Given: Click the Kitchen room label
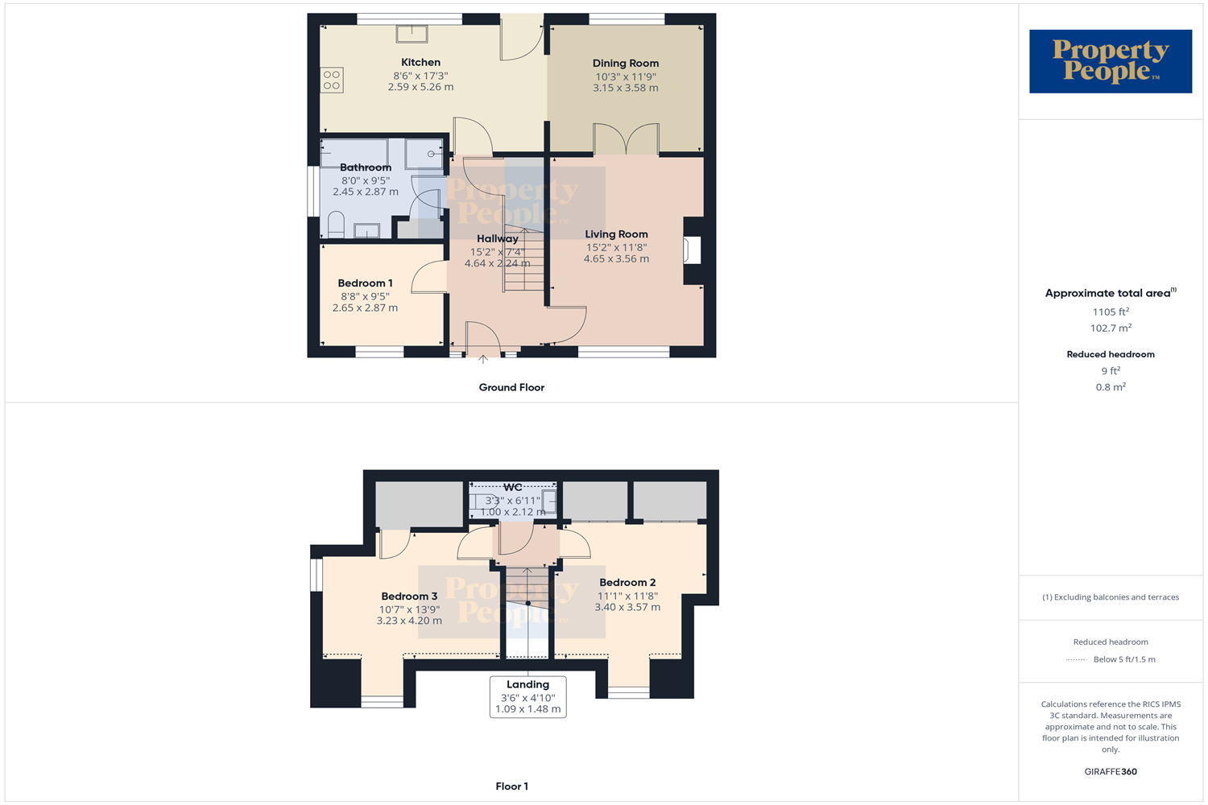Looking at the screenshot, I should tap(420, 62).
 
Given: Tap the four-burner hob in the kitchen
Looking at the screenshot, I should tap(332, 80).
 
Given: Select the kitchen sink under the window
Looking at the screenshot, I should tap(412, 34).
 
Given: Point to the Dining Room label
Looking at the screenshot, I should tap(626, 63).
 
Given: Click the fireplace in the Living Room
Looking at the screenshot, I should tap(691, 250).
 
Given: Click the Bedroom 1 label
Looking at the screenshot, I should tap(365, 283).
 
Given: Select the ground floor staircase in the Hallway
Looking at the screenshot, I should tap(523, 259).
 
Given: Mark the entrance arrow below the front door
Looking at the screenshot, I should tap(483, 359).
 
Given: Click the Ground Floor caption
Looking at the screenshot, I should tap(511, 387).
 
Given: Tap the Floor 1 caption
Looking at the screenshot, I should tap(511, 786).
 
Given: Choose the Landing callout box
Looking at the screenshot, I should tap(527, 696).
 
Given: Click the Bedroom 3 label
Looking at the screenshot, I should tap(409, 597).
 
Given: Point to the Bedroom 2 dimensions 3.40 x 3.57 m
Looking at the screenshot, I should tap(627, 607).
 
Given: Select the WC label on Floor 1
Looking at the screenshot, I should tap(513, 487).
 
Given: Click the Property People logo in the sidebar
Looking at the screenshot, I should tap(1111, 61).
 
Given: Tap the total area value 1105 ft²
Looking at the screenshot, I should tap(1111, 312).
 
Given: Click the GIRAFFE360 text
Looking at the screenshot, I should tap(1111, 771).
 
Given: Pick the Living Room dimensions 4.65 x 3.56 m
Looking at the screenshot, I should tap(616, 258).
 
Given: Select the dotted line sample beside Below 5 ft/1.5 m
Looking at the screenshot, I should tap(1077, 660).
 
